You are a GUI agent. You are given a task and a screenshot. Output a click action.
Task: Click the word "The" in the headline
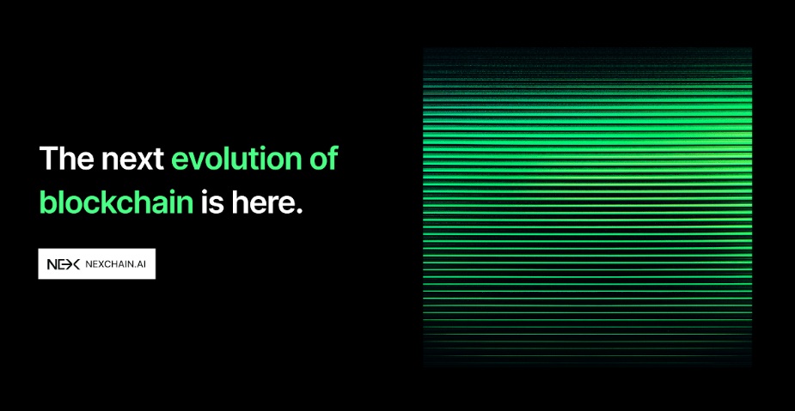coord(67,158)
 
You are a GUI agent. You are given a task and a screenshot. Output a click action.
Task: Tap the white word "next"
coord(133,160)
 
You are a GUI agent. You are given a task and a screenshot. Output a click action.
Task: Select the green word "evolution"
coord(231,158)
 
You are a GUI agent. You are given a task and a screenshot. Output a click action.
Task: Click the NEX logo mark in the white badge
coord(64,264)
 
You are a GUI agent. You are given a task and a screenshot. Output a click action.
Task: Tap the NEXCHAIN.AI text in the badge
coord(117,264)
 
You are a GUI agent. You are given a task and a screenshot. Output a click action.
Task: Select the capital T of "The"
coord(49,159)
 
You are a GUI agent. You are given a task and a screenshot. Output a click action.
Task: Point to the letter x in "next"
coord(143,161)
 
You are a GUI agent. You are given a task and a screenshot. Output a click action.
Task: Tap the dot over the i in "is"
coord(205,192)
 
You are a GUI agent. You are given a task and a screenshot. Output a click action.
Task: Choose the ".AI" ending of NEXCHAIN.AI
coord(142,264)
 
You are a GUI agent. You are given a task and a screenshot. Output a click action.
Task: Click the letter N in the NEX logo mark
coord(52,264)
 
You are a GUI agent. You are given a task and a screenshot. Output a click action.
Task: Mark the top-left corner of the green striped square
coord(423,48)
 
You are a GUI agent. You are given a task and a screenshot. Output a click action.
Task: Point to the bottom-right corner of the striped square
coord(752,366)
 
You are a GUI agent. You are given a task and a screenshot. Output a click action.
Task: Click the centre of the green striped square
coord(587,207)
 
